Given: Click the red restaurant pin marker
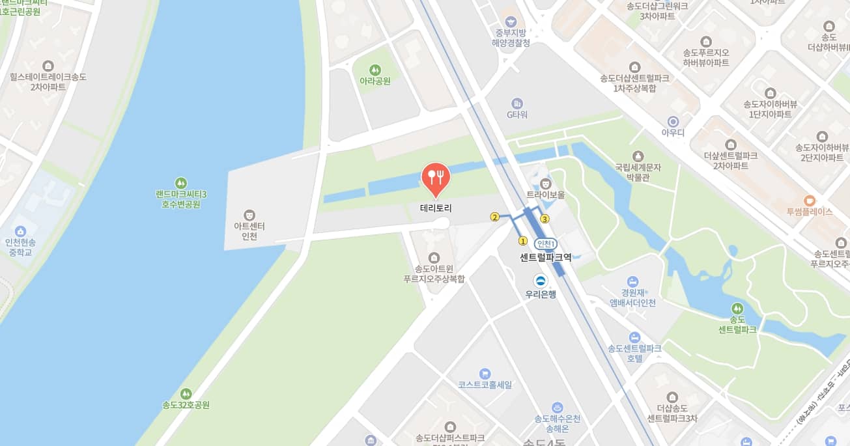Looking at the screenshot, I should click(x=436, y=178).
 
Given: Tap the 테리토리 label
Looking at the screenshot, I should click(x=436, y=209).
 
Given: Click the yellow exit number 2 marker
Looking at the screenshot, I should click(x=495, y=217).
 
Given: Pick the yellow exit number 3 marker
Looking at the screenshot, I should click(x=545, y=219).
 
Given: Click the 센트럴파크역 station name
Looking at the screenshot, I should click(x=546, y=257).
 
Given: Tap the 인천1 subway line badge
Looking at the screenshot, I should click(x=546, y=244).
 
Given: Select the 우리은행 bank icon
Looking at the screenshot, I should click(x=541, y=281).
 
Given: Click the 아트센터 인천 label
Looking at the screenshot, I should click(x=249, y=231).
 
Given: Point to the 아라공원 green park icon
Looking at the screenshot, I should click(x=375, y=69).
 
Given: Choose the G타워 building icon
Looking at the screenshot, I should click(x=517, y=104).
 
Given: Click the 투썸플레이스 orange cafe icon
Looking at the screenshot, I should click(x=810, y=201).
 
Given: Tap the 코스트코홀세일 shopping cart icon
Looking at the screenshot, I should click(x=485, y=374).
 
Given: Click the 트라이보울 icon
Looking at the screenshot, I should click(x=546, y=183).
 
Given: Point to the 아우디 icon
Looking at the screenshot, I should click(x=673, y=121).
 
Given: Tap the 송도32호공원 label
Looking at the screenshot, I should click(x=186, y=405).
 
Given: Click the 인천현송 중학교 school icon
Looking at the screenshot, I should click(x=20, y=231).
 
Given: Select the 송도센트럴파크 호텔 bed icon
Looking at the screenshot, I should click(x=635, y=337).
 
